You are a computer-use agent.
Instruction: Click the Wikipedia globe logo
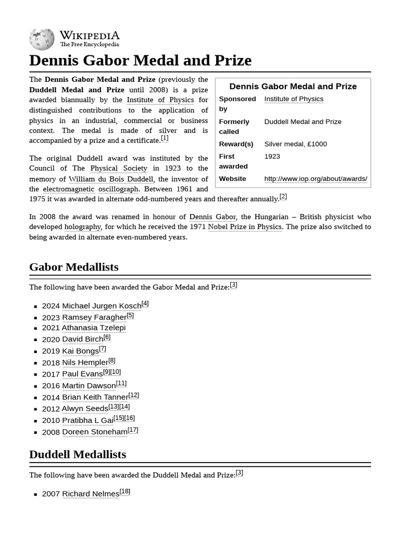[x=42, y=39]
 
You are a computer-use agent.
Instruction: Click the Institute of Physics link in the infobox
[x=294, y=99]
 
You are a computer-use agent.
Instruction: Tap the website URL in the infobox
[x=316, y=179]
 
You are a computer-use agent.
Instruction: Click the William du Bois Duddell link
[x=111, y=179]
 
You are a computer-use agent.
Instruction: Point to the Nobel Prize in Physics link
[x=245, y=227]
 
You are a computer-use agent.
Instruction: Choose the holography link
[x=82, y=227]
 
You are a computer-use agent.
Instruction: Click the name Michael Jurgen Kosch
[x=102, y=306]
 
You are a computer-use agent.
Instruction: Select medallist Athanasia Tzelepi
[x=94, y=328]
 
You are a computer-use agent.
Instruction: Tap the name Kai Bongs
[x=80, y=351]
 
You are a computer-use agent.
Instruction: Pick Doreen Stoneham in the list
[x=94, y=432]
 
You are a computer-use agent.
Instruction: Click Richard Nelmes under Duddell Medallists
[x=91, y=494]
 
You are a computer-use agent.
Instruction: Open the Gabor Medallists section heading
[x=74, y=267]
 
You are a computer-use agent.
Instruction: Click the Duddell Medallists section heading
[x=78, y=454]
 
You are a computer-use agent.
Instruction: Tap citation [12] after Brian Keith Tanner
[x=134, y=395]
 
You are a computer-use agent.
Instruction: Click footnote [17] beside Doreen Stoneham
[x=133, y=430]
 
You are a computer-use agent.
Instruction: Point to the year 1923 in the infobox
[x=272, y=156]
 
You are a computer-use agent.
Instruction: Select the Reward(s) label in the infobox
[x=236, y=144]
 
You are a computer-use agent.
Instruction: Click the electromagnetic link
[x=69, y=189]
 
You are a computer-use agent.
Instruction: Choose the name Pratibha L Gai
[x=87, y=420]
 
